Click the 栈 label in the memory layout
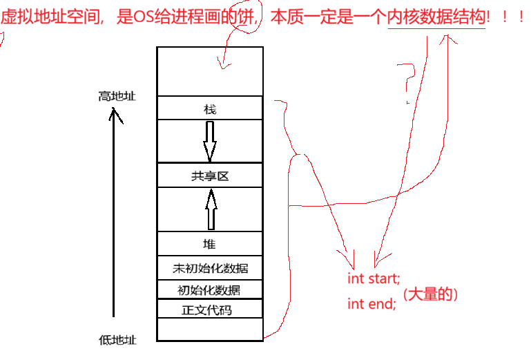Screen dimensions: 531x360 pos(210,109)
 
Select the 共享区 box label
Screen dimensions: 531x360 pos(210,176)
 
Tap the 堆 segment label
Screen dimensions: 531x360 pos(210,243)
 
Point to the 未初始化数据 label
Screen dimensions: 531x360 pos(210,268)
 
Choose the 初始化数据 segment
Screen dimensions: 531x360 pos(210,290)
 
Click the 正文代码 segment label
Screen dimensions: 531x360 pos(210,310)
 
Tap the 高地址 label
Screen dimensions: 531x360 pos(117,96)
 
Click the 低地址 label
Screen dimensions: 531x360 pos(117,339)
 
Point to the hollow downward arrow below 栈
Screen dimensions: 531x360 pos(210,141)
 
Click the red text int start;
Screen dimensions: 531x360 pos(374,279)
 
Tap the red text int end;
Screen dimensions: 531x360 pos(371,303)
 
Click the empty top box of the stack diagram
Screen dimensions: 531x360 pos(210,70)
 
